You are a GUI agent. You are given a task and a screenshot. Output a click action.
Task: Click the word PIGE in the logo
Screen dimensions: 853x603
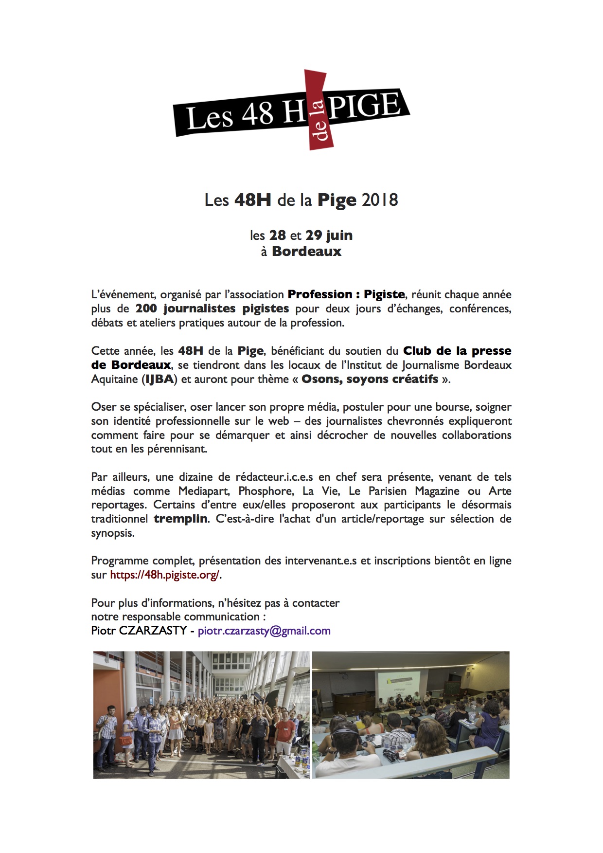(365, 106)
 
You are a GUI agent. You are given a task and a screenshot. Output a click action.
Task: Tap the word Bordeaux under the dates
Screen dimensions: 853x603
(306, 252)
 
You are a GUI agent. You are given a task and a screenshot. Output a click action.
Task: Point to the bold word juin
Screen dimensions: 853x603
(339, 236)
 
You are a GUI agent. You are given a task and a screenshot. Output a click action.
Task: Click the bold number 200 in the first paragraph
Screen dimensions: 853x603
(146, 309)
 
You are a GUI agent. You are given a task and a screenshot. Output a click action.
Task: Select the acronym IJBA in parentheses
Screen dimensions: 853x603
(160, 379)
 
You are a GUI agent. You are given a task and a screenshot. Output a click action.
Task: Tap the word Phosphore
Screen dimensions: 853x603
(266, 491)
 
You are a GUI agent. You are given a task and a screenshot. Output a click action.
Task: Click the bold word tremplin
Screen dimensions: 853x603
(180, 519)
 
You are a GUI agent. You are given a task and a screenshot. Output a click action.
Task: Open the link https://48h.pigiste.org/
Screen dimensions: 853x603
(165, 575)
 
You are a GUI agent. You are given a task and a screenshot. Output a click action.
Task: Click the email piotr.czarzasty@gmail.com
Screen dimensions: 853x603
(264, 631)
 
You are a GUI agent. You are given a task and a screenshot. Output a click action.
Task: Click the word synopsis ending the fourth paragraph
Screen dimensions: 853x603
(112, 533)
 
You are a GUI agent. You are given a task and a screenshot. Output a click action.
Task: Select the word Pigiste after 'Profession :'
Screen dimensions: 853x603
(384, 294)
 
